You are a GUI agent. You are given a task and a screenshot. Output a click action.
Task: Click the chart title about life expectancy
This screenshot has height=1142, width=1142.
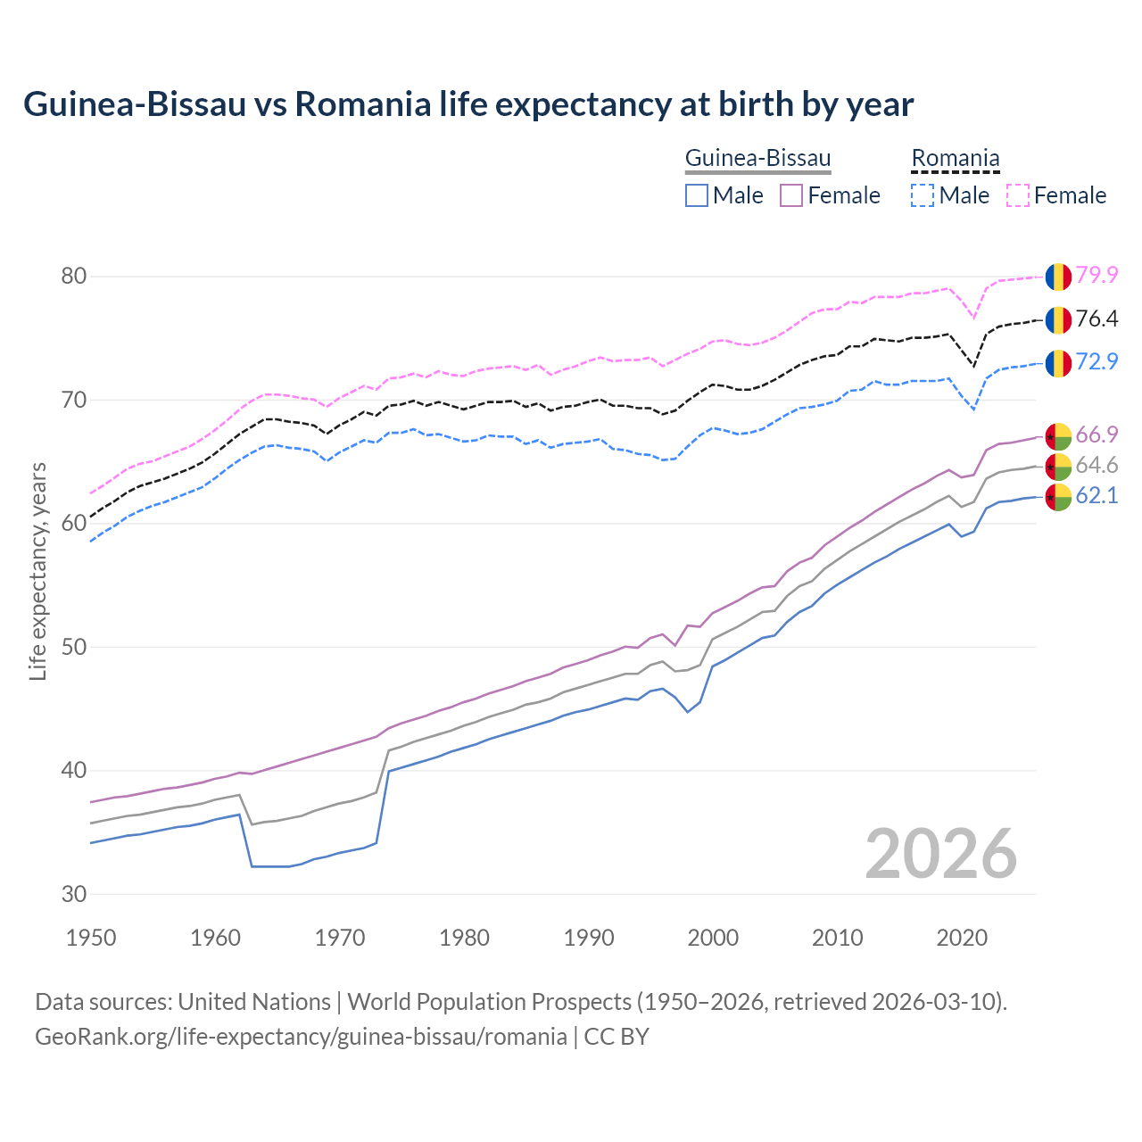[x=468, y=104]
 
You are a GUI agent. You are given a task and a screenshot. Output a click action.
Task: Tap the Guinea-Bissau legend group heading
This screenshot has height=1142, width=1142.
[x=757, y=158]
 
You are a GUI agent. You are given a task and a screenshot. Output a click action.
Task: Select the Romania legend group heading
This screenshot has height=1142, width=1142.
[x=955, y=158]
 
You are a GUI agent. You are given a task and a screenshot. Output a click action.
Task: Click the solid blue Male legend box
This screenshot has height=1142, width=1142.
[x=697, y=195]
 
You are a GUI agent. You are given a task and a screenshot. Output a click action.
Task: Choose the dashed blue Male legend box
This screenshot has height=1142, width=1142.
[x=923, y=195]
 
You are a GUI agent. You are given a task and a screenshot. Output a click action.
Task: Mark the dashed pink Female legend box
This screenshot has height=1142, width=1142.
[x=1018, y=195]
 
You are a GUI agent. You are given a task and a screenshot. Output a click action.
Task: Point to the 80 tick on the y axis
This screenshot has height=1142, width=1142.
[x=74, y=276]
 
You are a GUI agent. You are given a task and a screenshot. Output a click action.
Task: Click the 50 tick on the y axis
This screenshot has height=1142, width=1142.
[x=74, y=647]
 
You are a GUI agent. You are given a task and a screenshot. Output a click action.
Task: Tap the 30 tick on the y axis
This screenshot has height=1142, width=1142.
[x=74, y=894]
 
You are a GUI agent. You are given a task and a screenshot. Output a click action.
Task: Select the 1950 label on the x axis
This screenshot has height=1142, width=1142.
[x=91, y=938]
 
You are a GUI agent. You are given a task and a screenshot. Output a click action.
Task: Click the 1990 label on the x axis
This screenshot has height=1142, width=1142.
[x=589, y=938]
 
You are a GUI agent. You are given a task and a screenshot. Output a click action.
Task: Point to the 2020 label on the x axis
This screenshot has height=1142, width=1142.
[x=961, y=938]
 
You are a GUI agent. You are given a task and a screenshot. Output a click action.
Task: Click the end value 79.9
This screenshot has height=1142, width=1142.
[x=1096, y=275]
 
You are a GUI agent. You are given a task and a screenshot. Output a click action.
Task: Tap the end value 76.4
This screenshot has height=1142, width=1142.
[x=1096, y=319]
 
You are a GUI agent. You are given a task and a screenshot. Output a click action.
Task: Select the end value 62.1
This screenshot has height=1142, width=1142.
[x=1096, y=495]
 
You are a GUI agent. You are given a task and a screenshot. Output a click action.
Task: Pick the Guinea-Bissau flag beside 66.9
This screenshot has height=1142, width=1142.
[x=1058, y=436]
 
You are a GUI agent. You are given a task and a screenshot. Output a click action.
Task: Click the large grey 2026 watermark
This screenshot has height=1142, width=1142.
[x=941, y=854]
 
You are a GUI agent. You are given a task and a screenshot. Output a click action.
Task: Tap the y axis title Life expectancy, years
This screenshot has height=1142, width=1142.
[x=37, y=571]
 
